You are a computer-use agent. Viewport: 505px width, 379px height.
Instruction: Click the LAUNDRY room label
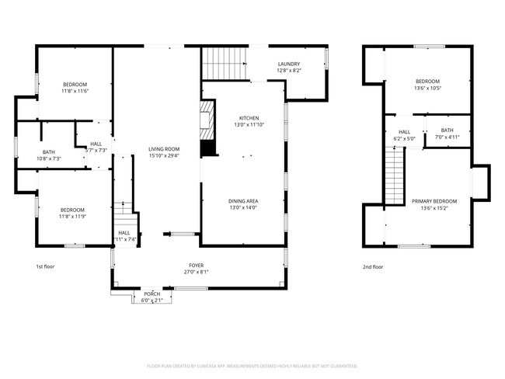(x=288, y=64)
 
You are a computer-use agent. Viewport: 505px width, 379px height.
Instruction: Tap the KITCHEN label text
(x=249, y=117)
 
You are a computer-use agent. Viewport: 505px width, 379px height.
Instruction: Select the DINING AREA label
(x=243, y=200)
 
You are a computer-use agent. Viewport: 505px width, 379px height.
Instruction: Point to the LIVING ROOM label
(x=165, y=148)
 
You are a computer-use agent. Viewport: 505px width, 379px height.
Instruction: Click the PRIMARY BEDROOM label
(x=434, y=201)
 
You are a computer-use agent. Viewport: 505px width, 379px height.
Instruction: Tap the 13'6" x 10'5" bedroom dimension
(x=428, y=88)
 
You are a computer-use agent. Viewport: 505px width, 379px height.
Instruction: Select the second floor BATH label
(x=447, y=130)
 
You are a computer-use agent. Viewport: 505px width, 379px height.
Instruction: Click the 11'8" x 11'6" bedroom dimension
(x=75, y=91)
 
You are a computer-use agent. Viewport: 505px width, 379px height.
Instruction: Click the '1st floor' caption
(x=44, y=266)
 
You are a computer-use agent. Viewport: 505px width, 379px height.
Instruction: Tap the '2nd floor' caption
(x=373, y=266)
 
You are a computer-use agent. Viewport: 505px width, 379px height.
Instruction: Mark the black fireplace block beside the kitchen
(x=207, y=148)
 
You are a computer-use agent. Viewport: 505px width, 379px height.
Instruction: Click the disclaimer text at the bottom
(x=252, y=365)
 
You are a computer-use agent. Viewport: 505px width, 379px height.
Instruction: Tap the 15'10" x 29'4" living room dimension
(x=165, y=155)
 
